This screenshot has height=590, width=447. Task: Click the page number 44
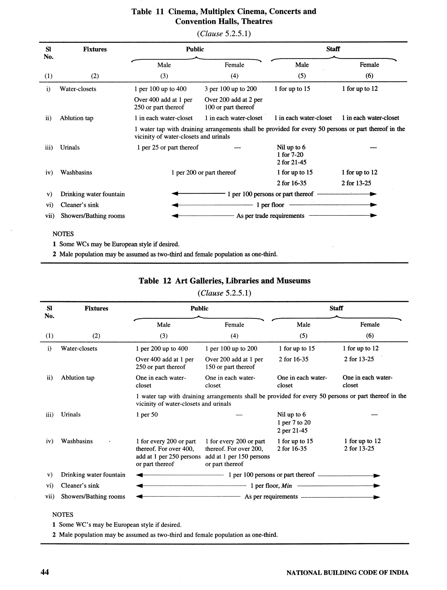click(x=45, y=572)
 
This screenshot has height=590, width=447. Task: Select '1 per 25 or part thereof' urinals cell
click(x=168, y=147)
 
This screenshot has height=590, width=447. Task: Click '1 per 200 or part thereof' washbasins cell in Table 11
click(x=203, y=173)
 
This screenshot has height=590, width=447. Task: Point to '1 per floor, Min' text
click(x=271, y=486)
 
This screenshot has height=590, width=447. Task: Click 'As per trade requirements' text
click(x=270, y=216)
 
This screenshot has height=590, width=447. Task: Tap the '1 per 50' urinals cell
click(x=147, y=415)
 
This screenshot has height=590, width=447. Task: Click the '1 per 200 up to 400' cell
click(x=162, y=349)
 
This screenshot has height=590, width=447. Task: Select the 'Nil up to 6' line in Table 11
click(x=291, y=147)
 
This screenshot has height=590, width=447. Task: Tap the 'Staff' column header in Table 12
click(x=336, y=308)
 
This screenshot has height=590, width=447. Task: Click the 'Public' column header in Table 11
click(x=195, y=49)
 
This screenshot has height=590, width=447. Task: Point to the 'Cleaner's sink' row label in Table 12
click(x=80, y=486)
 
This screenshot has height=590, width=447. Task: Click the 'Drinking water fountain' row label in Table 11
click(x=93, y=194)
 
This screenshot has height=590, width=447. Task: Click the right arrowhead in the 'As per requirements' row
click(x=377, y=497)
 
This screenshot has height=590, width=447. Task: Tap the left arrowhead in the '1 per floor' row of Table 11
click(x=175, y=205)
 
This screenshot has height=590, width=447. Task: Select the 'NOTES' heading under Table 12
click(x=63, y=515)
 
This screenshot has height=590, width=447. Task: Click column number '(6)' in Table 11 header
click(x=369, y=76)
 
